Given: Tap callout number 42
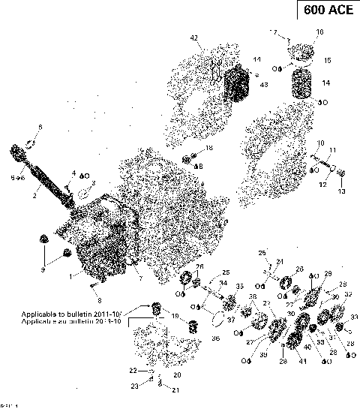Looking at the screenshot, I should [193, 38].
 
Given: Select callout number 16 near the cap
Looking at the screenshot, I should [319, 32].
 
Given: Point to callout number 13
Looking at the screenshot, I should [341, 192].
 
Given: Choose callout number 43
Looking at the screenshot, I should [263, 85].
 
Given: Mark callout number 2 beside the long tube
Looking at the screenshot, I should [34, 195].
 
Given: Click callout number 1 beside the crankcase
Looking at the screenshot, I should [72, 276].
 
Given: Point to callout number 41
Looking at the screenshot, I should [303, 363].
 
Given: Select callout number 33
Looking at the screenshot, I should [354, 317].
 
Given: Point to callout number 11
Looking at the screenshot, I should [332, 151].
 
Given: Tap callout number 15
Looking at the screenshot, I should [327, 60].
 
